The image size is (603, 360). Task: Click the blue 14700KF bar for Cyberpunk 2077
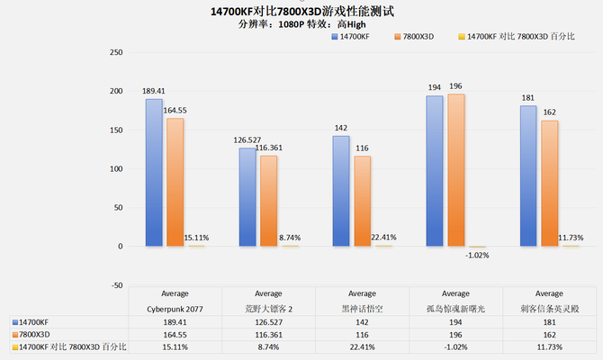pos(154,173)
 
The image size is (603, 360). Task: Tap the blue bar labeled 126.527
pos(247,197)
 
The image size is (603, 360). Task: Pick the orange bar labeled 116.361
pos(268,201)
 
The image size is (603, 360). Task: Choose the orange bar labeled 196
pos(455,170)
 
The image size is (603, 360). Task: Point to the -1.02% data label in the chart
pos(477,255)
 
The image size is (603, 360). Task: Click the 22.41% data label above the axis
pos(383,238)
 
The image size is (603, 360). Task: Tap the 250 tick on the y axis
pos(114,52)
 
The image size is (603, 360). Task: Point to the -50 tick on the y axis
pos(114,285)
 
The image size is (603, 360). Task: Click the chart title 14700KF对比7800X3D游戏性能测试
pos(301,12)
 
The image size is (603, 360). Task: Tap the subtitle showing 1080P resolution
pos(301,24)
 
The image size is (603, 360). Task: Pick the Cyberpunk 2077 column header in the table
pos(175,306)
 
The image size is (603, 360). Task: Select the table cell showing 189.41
pos(175,319)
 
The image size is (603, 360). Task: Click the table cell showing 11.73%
pos(549,346)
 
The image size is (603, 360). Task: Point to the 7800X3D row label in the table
pos(37,333)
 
